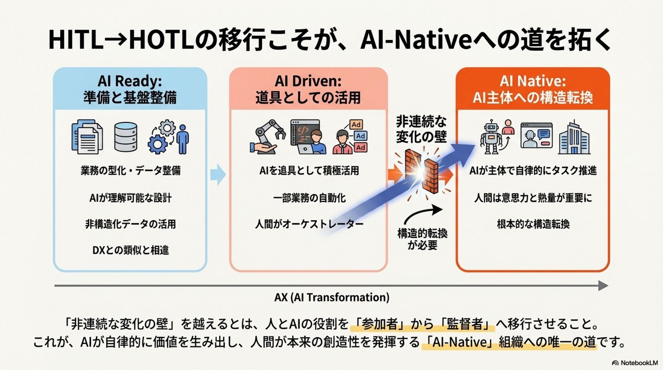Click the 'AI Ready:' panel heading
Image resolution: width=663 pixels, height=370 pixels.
coord(130,81)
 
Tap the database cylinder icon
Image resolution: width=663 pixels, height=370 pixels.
coord(125,137)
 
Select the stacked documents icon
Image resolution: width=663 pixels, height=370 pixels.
coord(87,137)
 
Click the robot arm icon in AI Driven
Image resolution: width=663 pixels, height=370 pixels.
coord(268,137)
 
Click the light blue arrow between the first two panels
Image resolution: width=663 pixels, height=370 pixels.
coord(218,174)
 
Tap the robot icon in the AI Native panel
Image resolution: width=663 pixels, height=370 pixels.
coord(491,137)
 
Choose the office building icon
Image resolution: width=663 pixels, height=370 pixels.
coord(574,138)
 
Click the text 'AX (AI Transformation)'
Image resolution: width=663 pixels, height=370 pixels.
coord(331,297)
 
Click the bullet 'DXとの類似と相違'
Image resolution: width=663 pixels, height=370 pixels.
coord(131,250)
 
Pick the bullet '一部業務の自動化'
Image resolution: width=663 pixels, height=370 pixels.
coord(309,198)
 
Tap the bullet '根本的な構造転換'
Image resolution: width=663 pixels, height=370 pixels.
coord(533,224)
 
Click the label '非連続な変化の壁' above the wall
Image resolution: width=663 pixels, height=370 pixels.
coord(421,129)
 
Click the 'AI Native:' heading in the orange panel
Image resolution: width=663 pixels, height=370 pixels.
coord(532,81)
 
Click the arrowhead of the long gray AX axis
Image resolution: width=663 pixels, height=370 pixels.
coord(603,285)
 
